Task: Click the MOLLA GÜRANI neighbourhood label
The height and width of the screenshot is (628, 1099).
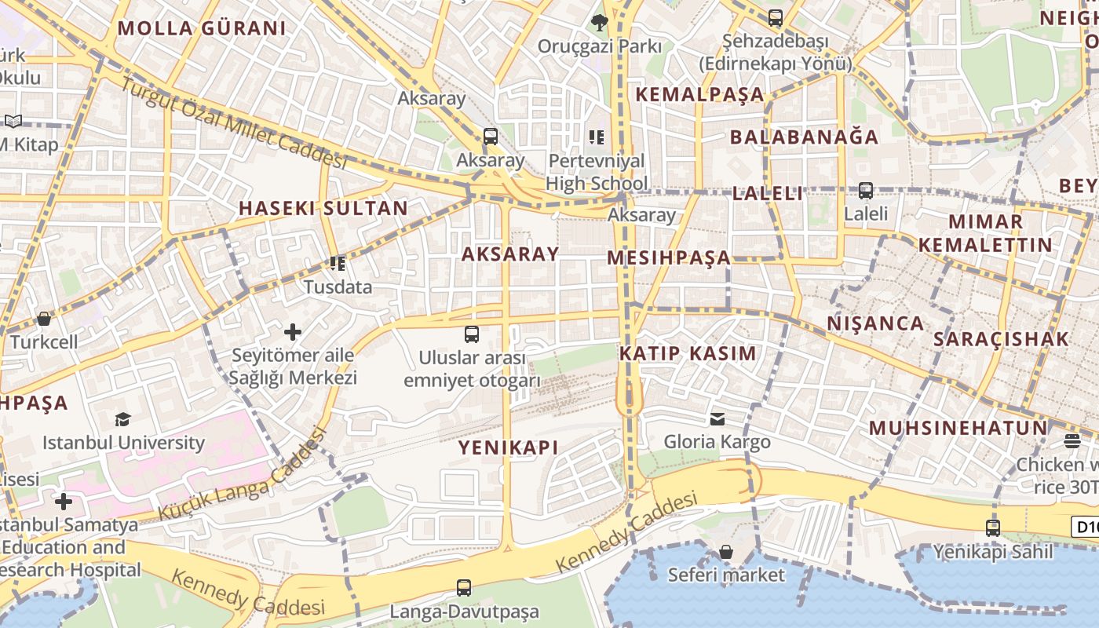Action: point(202,29)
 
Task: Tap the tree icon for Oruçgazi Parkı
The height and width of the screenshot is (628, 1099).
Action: point(600,23)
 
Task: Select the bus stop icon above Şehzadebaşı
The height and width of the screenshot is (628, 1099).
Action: point(776,17)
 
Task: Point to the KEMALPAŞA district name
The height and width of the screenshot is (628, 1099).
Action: point(699,94)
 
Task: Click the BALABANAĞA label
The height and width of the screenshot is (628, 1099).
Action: point(804,137)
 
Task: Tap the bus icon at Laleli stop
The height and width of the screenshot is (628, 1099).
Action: point(866,190)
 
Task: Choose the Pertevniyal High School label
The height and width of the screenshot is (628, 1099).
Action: point(597,172)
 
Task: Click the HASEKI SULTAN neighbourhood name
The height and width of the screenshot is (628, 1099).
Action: point(323,208)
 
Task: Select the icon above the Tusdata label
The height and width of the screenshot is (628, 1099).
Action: point(338,264)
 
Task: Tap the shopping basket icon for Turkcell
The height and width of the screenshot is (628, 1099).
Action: point(44,319)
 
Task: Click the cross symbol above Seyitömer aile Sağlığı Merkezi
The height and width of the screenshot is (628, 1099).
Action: point(293,332)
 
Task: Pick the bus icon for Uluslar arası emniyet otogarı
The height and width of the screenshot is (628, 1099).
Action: point(472,334)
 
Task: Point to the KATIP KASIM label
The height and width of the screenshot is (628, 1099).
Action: point(688,353)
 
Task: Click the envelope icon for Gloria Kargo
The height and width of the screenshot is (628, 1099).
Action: point(717,418)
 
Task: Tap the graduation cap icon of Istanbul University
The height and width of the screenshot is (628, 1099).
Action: point(122,419)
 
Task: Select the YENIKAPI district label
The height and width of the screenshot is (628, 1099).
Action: point(508,447)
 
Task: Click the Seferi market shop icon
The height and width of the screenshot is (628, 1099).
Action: point(726,552)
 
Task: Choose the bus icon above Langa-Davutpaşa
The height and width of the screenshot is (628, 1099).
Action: point(464,587)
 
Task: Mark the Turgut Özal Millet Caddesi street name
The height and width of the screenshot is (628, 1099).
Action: point(233,125)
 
